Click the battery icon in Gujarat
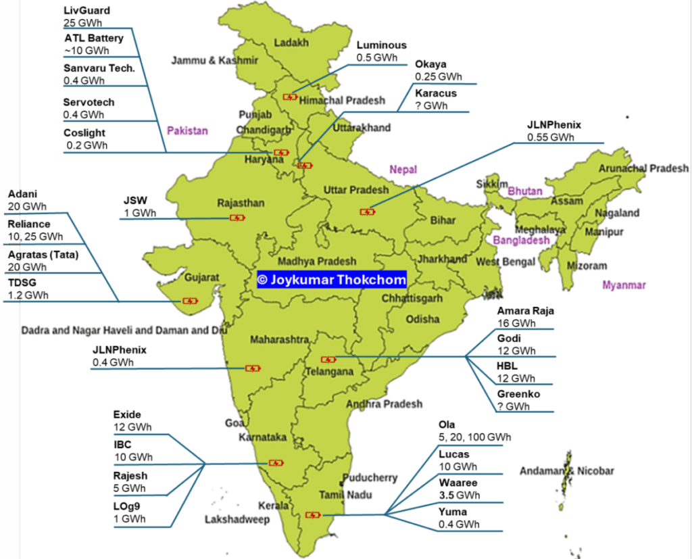coord(190,301)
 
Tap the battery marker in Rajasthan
coord(237,218)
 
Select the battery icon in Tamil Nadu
coord(312,515)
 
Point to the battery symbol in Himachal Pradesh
coord(290,97)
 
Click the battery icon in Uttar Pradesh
coord(367,212)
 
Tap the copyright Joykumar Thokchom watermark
coord(332,279)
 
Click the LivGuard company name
coord(86,11)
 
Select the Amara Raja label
coord(526,311)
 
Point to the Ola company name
coord(447,424)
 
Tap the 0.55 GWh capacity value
coord(551,137)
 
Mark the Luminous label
coord(382,45)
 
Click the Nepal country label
coord(403,170)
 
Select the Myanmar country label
coord(624,285)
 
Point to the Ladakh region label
coord(291,43)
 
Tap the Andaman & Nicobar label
coord(566,471)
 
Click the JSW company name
coord(135,201)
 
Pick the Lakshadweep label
coord(237,520)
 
